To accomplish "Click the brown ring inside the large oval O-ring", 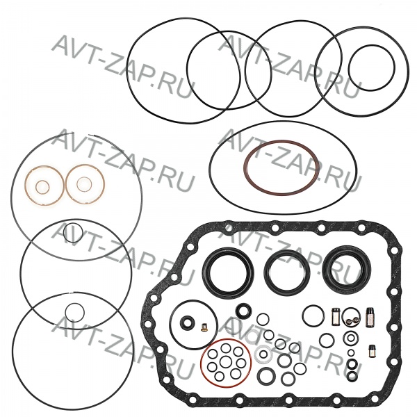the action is (244, 168).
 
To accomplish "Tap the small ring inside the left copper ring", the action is (36, 187).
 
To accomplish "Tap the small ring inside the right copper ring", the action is (77, 184).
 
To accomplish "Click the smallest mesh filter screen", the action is (372, 351).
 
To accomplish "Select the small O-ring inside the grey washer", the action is (263, 354).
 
